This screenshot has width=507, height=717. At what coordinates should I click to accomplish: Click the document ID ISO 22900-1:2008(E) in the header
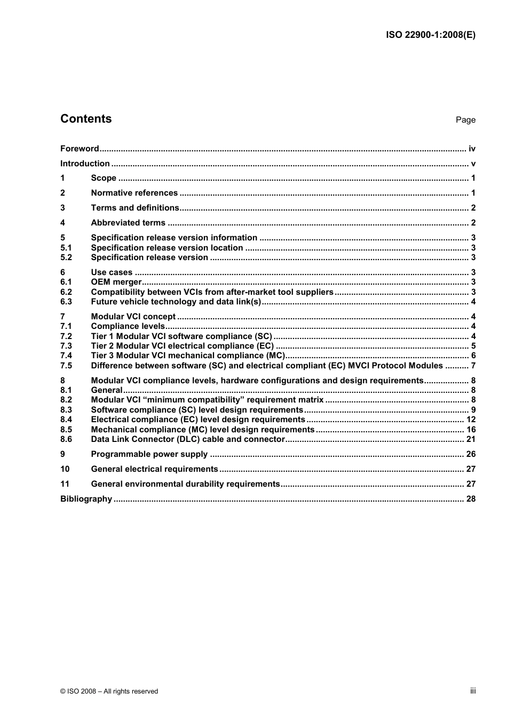430,35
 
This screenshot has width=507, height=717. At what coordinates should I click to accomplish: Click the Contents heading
86,119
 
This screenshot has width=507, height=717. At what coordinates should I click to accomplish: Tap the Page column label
465,120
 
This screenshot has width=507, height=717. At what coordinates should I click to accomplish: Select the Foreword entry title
80,149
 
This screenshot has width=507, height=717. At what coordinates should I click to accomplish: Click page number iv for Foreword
472,149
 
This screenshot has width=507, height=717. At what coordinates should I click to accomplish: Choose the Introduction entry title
85,164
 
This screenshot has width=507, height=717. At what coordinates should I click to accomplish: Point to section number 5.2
66,257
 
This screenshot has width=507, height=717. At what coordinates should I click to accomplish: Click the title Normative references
134,193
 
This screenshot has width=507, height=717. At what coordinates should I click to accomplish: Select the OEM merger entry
116,282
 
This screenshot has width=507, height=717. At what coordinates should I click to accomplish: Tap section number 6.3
66,302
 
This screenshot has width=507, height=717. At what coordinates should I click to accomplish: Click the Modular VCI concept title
133,317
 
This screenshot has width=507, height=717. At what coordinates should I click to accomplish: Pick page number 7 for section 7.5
473,366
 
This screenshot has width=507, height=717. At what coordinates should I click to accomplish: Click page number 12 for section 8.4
471,420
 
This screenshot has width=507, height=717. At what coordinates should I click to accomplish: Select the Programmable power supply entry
149,454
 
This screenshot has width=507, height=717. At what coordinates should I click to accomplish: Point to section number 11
65,484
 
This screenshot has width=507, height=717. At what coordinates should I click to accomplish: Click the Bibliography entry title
86,499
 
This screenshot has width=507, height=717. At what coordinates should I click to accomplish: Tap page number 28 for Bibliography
471,499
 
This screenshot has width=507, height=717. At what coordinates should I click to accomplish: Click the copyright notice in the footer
109,691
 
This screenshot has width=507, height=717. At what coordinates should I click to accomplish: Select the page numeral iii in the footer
473,691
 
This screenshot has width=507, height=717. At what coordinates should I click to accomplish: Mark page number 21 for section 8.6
471,439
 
